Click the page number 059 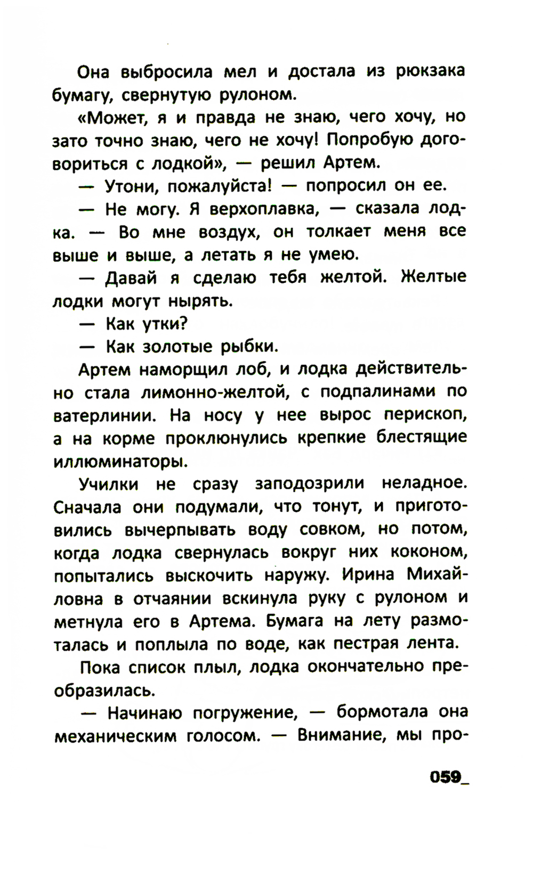click(x=445, y=777)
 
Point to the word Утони click(x=131, y=185)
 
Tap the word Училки click(x=109, y=484)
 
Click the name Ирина click(x=367, y=575)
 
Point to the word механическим click(x=115, y=736)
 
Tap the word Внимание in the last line click(x=341, y=735)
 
